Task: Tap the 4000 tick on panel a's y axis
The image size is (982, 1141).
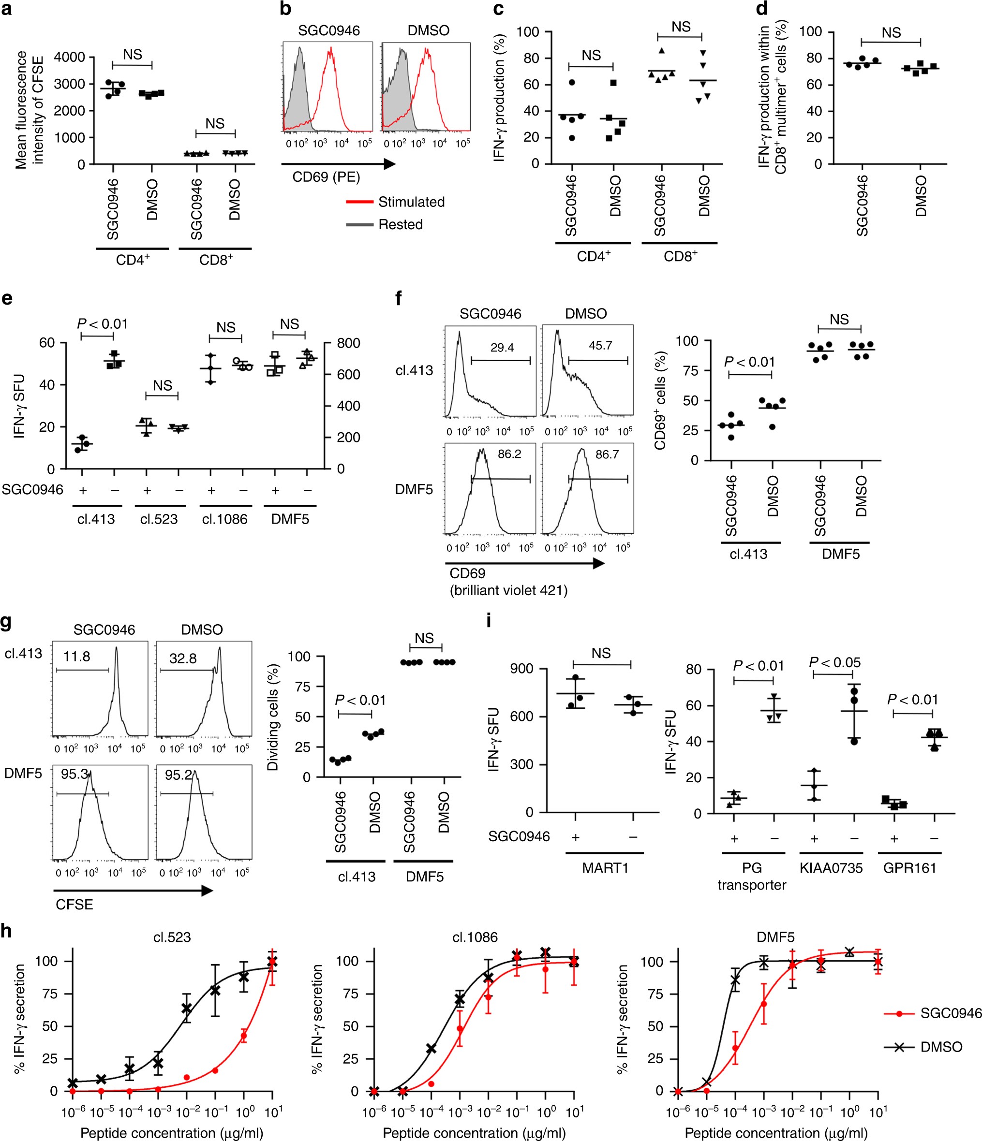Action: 70,57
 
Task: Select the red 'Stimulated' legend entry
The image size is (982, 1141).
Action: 411,202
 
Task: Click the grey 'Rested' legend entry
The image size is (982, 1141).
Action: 400,225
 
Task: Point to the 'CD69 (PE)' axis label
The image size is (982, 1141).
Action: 326,177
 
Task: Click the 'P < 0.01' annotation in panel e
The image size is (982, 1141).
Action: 102,324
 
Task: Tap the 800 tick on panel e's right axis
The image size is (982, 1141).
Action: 348,343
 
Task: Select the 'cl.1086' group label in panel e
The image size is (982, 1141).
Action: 224,519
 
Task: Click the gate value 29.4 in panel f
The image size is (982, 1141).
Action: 502,347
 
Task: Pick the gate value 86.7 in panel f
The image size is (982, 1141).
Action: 607,454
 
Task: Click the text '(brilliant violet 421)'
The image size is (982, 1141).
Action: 508,591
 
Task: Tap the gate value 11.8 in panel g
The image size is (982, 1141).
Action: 76,657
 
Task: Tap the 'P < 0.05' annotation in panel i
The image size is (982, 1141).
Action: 834,662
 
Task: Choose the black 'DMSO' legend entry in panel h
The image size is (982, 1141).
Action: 941,1047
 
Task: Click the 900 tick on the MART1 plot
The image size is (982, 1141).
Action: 521,669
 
